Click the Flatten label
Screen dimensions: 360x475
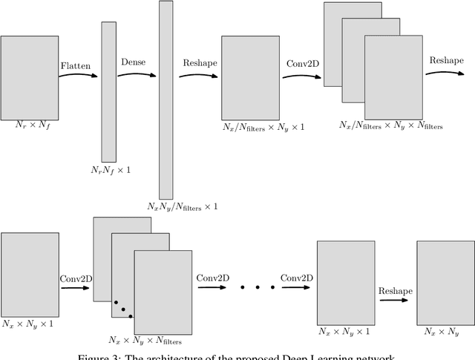pyautogui.click(x=75, y=66)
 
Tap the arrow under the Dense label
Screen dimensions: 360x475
pyautogui.click(x=137, y=74)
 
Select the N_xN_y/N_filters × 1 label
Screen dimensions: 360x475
pyautogui.click(x=182, y=206)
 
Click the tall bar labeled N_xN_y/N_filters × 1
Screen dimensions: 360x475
pyautogui.click(x=166, y=100)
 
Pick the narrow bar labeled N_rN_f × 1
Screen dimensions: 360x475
pyautogui.click(x=108, y=92)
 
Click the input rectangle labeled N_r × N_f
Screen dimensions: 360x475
pyautogui.click(x=30, y=73)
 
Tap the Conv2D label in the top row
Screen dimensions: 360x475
pyautogui.click(x=302, y=64)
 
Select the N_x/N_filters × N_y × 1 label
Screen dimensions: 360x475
pyautogui.click(x=263, y=128)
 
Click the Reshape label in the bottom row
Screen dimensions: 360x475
pyautogui.click(x=396, y=292)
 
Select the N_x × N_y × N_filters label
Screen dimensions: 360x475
pyautogui.click(x=144, y=341)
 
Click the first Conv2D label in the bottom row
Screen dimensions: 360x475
pyautogui.click(x=76, y=278)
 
